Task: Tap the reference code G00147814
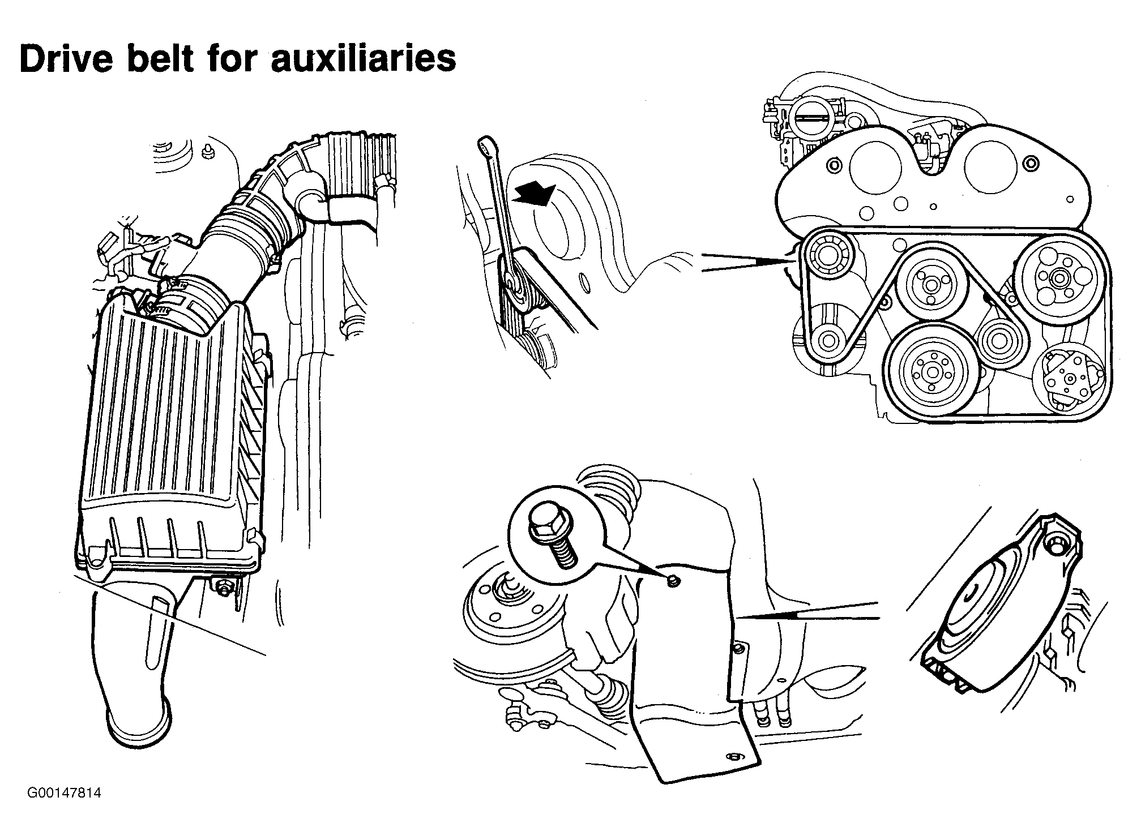(63, 793)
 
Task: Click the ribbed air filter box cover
(170, 430)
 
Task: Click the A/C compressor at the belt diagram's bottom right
(1069, 378)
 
